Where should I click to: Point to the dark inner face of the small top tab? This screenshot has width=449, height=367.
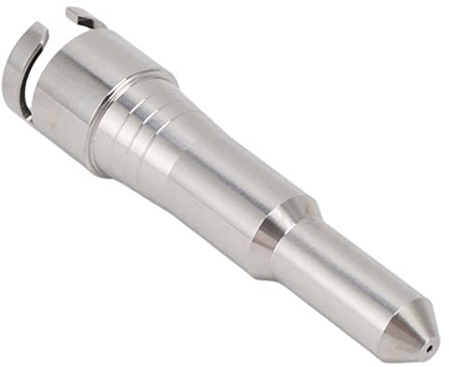point(82,21)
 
